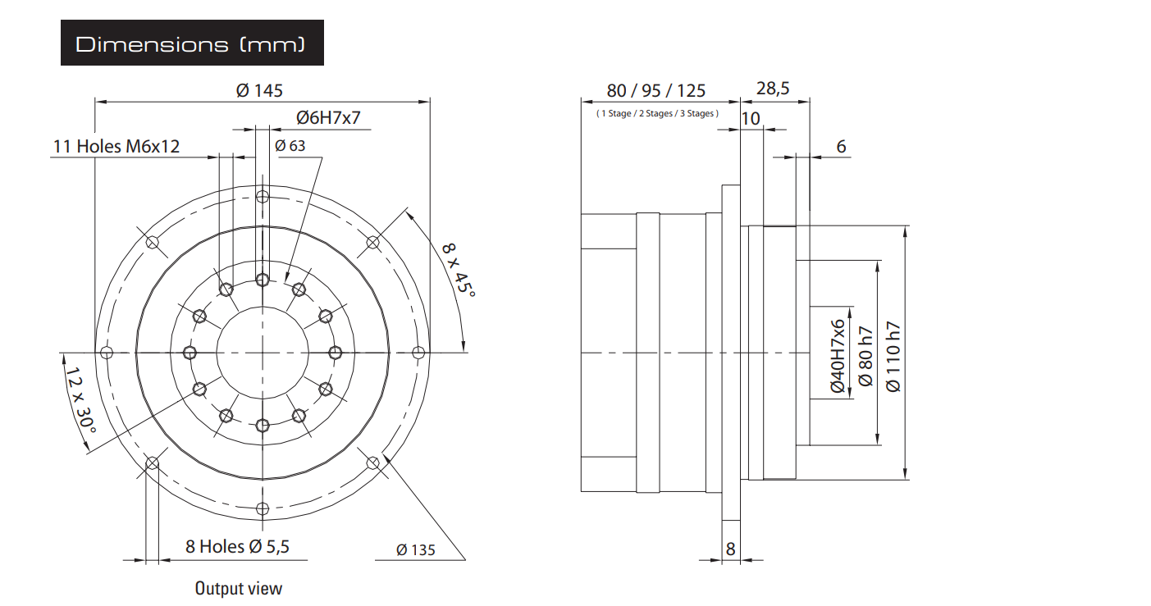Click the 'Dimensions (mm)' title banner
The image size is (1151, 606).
(192, 43)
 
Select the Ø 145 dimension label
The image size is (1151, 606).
(259, 90)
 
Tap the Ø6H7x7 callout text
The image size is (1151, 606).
(328, 117)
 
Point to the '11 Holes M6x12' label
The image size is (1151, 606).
(116, 146)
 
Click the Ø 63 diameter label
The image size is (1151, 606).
(290, 146)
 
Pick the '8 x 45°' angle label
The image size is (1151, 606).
(459, 270)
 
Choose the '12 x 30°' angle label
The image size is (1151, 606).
(80, 400)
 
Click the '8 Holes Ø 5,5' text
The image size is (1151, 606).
(237, 546)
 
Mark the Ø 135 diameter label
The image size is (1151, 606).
(416, 550)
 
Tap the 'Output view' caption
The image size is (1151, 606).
(239, 588)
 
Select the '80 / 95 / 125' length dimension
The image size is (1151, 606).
(656, 90)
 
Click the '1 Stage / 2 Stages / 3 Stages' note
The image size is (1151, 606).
(657, 113)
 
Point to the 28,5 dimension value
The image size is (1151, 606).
(773, 89)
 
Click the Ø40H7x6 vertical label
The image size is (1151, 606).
(838, 356)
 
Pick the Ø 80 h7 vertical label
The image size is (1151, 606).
(866, 356)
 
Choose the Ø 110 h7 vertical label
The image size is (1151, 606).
(893, 357)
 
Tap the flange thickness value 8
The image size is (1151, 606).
(731, 549)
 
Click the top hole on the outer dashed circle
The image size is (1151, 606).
(263, 197)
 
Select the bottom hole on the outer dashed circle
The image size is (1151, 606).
(263, 509)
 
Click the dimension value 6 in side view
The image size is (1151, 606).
(841, 146)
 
